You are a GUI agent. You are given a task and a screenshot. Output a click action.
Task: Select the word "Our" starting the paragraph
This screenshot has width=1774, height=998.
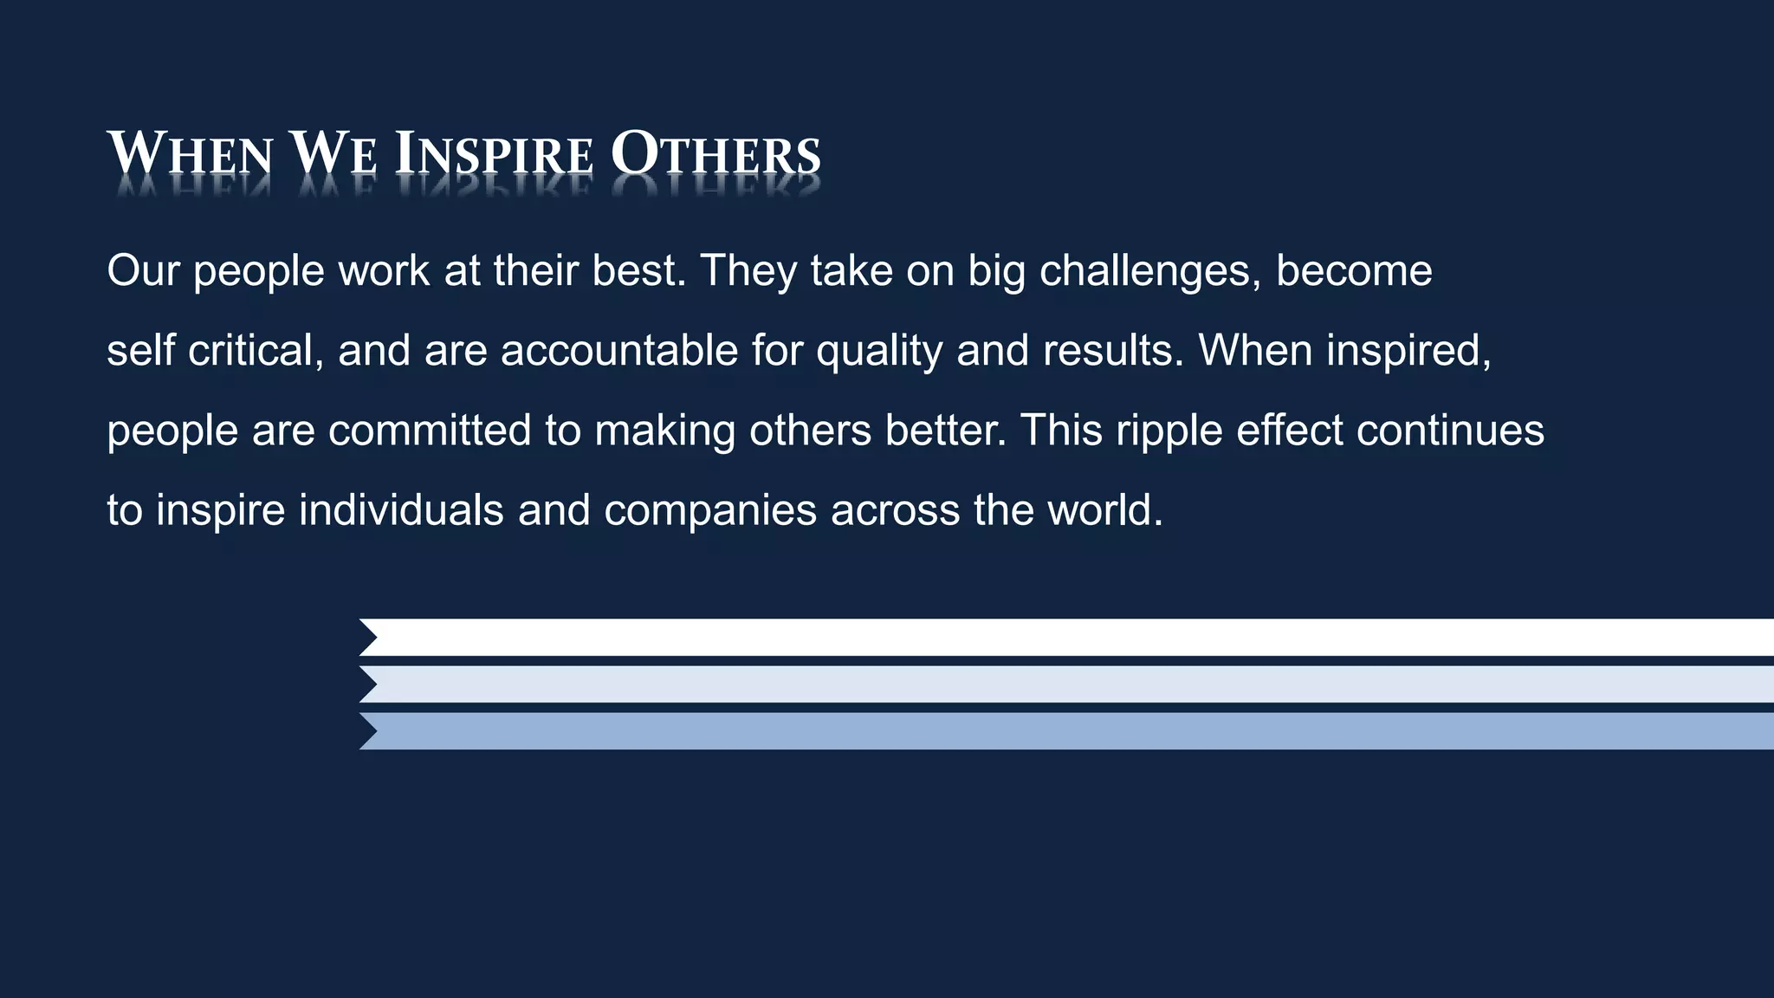[x=143, y=270]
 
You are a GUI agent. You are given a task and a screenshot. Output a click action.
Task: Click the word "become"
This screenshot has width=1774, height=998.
[x=1354, y=270]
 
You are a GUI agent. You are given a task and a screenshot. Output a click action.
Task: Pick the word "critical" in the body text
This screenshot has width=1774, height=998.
[x=256, y=351]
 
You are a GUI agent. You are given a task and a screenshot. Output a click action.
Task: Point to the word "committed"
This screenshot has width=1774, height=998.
[x=430, y=431]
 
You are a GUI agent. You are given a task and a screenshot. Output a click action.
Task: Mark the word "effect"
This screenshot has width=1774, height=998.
[x=1290, y=431]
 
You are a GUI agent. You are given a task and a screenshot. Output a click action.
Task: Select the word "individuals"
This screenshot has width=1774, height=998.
[x=401, y=510]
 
